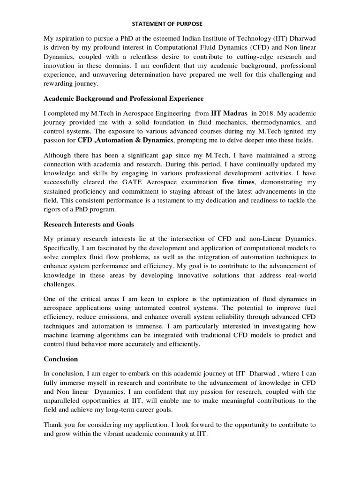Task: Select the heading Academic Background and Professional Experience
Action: click(124, 98)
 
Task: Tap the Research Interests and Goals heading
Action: click(90, 224)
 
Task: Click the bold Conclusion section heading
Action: click(61, 359)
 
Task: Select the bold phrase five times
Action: click(238, 181)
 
